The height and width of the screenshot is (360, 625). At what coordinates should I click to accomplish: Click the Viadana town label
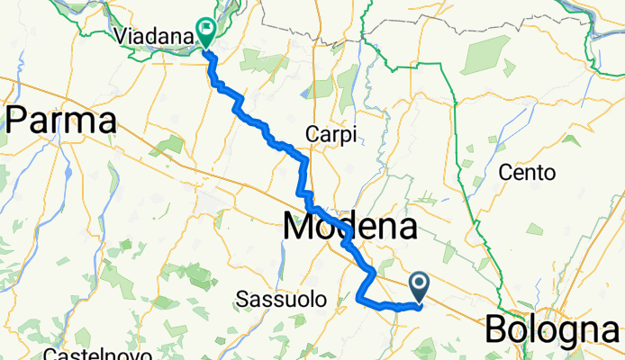pos(155,36)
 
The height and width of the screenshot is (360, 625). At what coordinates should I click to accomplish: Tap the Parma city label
pos(61,121)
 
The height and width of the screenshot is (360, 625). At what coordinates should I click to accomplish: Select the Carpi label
pos(331,133)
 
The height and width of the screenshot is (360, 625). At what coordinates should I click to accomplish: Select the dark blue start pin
pos(421,288)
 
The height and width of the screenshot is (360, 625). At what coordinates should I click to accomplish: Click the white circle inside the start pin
pos(421,284)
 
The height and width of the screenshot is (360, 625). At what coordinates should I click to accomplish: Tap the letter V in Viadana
pos(122,36)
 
